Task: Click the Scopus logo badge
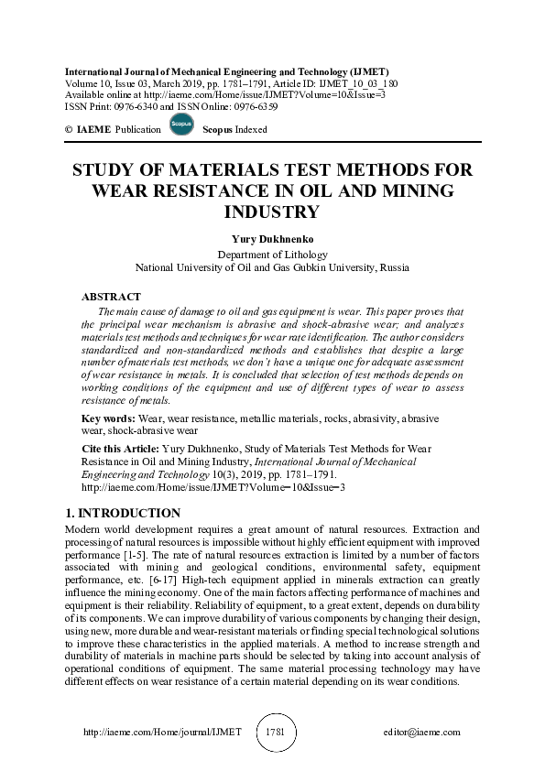pos(182,125)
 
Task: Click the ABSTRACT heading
pos(111,297)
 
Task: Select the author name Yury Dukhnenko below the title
pos(272,240)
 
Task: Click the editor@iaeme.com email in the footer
pos(422,733)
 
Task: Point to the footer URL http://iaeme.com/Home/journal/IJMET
pos(162,733)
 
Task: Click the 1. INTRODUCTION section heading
pos(124,513)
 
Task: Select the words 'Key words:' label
pos(105,418)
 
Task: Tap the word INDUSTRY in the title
pos(272,212)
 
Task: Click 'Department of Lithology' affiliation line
pos(272,255)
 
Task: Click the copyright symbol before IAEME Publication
pos(69,130)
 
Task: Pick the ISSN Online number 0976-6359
pos(256,106)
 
